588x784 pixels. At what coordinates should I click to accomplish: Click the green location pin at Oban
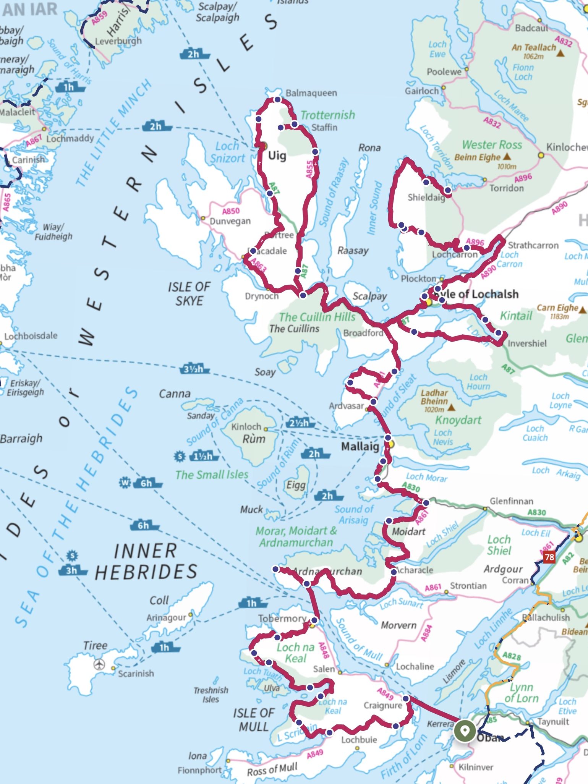pos(464,731)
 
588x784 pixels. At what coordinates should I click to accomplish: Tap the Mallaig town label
pos(360,446)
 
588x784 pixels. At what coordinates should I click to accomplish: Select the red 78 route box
pos(549,557)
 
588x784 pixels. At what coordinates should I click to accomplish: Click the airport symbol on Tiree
pos(99,665)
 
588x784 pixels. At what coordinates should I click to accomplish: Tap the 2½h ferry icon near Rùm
pos(300,423)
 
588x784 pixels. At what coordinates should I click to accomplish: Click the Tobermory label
pos(282,618)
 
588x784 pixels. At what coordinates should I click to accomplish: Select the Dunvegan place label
pos(230,221)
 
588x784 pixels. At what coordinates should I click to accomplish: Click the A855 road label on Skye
pos(310,169)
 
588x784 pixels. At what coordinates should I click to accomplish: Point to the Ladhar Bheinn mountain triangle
pos(451,407)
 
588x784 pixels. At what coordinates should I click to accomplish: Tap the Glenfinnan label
pos(511,501)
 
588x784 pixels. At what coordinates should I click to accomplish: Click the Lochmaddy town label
pos(70,138)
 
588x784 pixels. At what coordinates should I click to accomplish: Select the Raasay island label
pos(353,251)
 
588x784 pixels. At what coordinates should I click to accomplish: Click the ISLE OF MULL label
pos(254,719)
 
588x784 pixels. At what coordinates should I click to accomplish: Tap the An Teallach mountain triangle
pos(560,53)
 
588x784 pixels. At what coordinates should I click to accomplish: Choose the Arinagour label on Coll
pos(166,617)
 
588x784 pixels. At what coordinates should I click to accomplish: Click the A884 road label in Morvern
pos(426,633)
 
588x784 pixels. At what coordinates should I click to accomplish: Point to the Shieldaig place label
pos(426,197)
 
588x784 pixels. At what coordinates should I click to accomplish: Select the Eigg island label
pos(296,485)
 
